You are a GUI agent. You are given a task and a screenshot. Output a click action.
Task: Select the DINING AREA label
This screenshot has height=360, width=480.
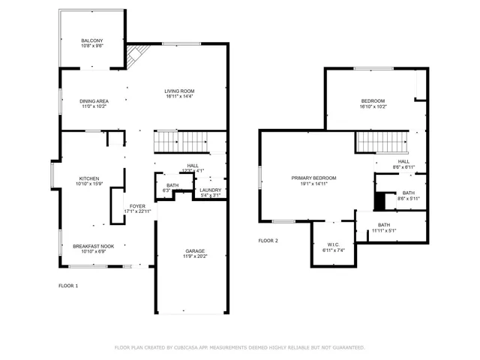pos(94,101)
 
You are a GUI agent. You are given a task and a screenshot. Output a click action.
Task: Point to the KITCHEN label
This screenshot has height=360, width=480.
pos(89,178)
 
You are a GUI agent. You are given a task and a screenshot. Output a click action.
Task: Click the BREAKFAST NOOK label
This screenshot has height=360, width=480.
pos(93,246)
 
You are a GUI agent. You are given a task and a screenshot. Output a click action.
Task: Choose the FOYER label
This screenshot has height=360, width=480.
pos(137,206)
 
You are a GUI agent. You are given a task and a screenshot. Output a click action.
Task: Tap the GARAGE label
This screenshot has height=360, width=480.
pos(195,251)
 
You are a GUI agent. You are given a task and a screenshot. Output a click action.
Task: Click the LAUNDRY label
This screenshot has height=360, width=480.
pos(211,190)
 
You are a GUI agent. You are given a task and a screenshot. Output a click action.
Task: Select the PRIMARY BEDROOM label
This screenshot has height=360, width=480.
pos(313,178)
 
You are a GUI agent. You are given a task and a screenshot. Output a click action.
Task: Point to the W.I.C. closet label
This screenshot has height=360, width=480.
pos(334,244)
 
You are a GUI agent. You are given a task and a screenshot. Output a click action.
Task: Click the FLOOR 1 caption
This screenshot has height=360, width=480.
pos(68,286)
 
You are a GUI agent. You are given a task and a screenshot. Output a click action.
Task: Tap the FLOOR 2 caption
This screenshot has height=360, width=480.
pos(268,241)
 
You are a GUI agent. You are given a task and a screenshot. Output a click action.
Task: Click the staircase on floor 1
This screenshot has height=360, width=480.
pos(179,140)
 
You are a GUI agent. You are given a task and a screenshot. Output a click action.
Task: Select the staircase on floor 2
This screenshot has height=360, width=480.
pos(380,140)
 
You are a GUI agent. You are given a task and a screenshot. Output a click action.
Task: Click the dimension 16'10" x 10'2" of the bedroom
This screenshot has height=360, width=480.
pos(373,106)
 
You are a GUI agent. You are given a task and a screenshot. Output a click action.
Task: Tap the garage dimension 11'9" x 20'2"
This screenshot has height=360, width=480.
pos(195,256)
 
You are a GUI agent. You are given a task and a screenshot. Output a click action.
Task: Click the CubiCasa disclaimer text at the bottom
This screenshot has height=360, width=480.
pos(239,347)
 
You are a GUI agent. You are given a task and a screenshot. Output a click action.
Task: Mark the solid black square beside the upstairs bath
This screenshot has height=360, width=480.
pos(379,200)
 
